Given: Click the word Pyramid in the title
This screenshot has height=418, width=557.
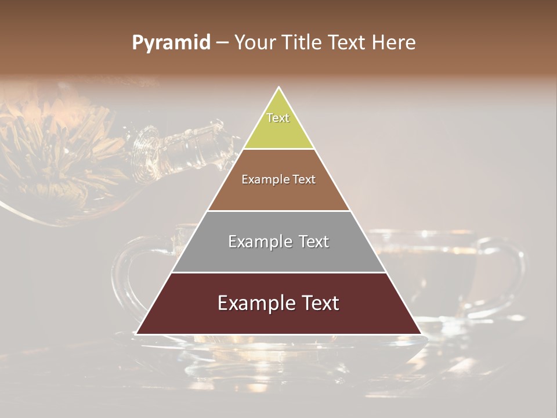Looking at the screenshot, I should (x=171, y=43).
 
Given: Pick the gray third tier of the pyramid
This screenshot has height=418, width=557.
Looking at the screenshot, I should (x=278, y=255).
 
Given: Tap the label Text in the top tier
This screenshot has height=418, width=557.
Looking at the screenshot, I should (x=278, y=118).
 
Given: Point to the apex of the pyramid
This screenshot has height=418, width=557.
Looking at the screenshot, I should (x=279, y=88).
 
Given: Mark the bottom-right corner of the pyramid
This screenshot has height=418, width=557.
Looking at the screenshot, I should (x=421, y=334).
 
